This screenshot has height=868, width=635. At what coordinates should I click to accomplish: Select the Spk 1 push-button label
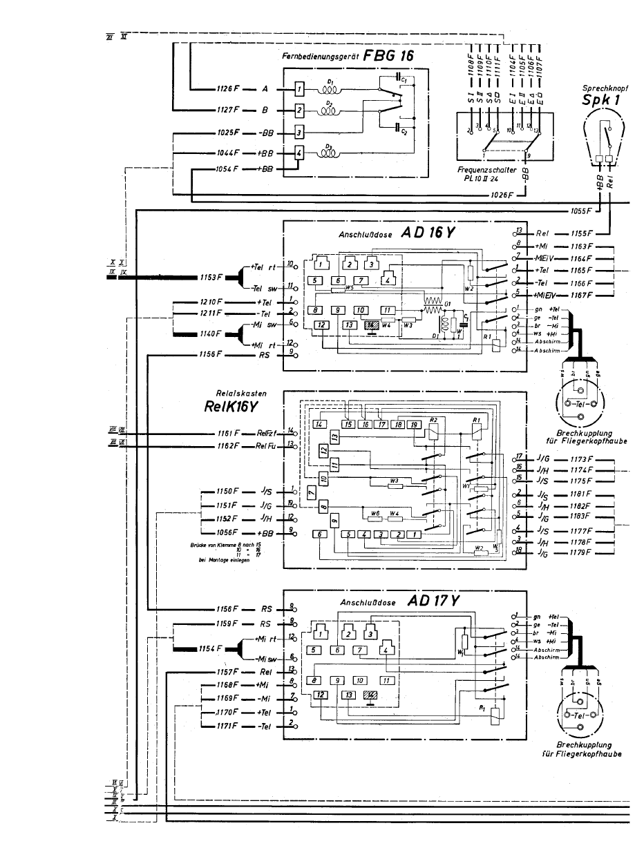pos(599,102)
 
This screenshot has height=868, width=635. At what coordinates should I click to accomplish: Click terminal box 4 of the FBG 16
pos(298,153)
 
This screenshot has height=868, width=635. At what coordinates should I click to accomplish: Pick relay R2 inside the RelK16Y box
pos(433,430)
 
